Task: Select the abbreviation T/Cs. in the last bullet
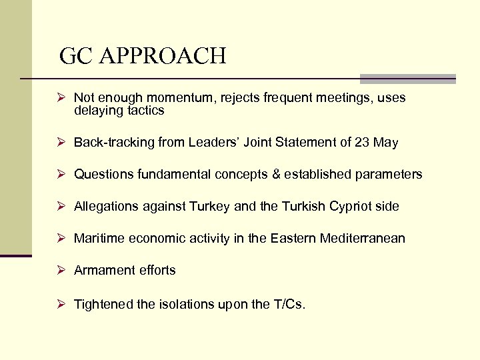pos(289,305)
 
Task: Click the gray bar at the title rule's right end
pos(407,79)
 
